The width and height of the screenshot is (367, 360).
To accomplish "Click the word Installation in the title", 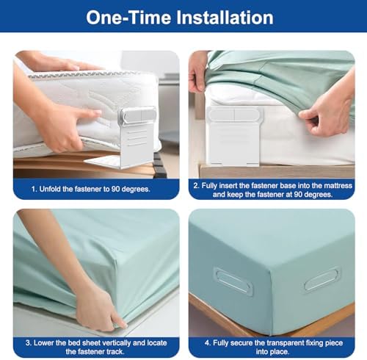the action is coord(225,18).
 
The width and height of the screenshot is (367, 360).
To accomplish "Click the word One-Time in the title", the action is coord(128,18).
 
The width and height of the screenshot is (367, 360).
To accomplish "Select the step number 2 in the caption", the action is coord(196,186).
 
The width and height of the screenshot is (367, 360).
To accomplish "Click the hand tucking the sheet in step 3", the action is coord(98,309).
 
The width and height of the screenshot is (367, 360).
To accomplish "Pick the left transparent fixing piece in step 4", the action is coord(233,281).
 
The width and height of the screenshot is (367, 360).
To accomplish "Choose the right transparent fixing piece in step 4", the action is coord(322,279).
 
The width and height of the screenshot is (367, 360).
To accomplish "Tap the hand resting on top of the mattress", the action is coord(61,63).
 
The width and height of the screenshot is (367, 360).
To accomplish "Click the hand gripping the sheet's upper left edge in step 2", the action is coord(199,71).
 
